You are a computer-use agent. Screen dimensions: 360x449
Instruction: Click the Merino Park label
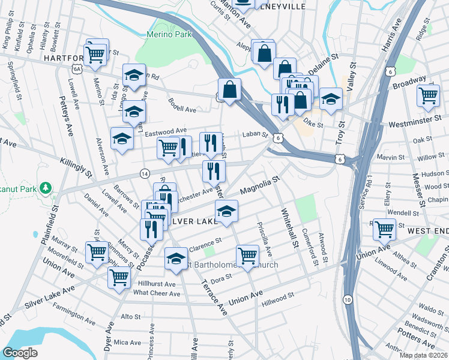point(171,34)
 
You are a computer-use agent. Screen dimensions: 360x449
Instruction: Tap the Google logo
point(20,353)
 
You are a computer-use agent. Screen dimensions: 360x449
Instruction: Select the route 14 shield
point(144,173)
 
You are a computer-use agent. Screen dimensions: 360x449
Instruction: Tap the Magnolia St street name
point(260,185)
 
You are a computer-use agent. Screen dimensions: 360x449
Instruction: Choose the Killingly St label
point(76,168)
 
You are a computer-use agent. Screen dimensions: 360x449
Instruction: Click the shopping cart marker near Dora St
point(247,257)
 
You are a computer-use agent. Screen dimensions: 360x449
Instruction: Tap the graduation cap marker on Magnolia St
point(226,212)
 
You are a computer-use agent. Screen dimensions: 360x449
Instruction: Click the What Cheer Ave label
point(157,293)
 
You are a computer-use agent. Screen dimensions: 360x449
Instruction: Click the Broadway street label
point(409,82)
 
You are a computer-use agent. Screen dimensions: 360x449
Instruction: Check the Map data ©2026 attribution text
point(424,355)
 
